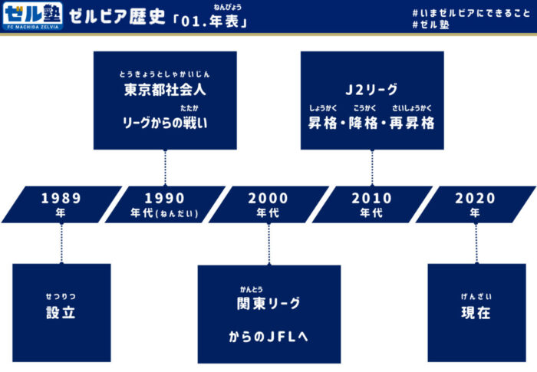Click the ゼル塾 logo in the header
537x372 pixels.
pos(32,16)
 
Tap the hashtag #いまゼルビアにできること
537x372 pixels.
pos(471,13)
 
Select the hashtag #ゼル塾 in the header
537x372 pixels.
pos(430,25)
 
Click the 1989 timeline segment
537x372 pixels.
pos(61,205)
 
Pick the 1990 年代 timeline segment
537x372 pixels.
pos(165,205)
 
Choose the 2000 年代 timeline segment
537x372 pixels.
pos(268,205)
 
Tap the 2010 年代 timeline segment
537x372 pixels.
pos(372,205)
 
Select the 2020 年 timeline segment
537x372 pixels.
pos(476,205)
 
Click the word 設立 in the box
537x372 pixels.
pos(61,312)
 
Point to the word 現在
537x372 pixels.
pos(476,312)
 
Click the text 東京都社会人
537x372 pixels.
pos(165,90)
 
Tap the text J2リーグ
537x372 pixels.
pos(371,90)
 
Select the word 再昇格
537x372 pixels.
pos(412,123)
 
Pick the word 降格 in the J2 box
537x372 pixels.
pos(363,123)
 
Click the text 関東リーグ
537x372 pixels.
pos(268,303)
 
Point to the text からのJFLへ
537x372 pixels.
pos(268,337)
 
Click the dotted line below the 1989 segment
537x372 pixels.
pos(61,244)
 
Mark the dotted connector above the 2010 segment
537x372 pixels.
pos(372,168)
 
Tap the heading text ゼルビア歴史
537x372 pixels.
pos(117,16)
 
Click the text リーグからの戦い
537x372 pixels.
pos(165,123)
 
